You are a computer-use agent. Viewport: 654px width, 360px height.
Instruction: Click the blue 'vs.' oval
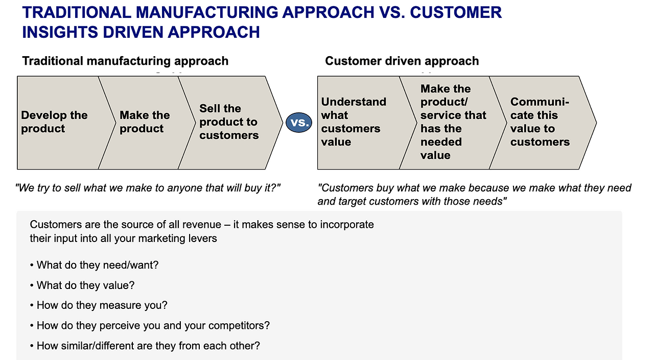(x=299, y=123)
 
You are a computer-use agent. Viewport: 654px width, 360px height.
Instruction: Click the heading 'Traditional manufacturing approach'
(x=125, y=61)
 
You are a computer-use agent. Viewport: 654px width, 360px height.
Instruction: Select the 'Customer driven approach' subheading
(x=402, y=61)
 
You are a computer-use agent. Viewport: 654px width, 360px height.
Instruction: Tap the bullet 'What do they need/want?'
(x=98, y=265)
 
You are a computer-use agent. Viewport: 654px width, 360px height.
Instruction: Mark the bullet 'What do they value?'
(x=85, y=285)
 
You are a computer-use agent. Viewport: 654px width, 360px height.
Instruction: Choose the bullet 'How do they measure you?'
(x=102, y=305)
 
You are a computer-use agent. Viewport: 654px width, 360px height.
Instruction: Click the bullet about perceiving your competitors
(x=153, y=325)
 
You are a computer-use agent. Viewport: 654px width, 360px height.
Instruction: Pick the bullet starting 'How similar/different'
(x=148, y=346)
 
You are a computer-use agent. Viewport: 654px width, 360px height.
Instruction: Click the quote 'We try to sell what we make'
(x=148, y=188)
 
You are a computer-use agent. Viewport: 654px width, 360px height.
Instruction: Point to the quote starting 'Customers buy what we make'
(x=474, y=195)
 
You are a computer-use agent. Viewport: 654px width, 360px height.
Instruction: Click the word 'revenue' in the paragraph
(x=201, y=225)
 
